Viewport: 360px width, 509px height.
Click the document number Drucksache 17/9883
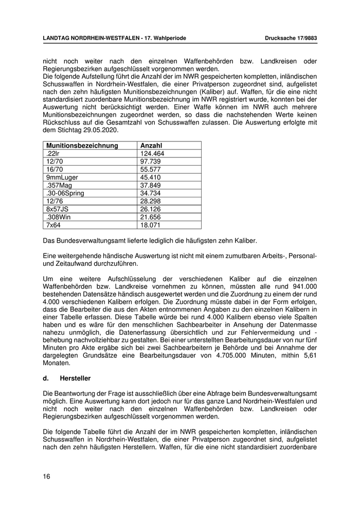pyautogui.click(x=291, y=38)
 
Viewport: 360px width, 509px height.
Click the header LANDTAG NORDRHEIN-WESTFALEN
pyautogui.click(x=91, y=38)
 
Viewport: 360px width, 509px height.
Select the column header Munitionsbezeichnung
pyautogui.click(x=82, y=146)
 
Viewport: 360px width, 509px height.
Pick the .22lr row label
pyautogui.click(x=52, y=154)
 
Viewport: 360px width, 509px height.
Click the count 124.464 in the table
pyautogui.click(x=152, y=154)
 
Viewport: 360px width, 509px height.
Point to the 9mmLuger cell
pyautogui.click(x=62, y=177)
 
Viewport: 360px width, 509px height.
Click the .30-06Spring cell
pyautogui.click(x=65, y=193)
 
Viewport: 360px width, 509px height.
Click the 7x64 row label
pyautogui.click(x=53, y=225)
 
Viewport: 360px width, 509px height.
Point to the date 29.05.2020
pyautogui.click(x=101, y=130)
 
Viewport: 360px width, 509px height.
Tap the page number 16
pyautogui.click(x=46, y=477)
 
